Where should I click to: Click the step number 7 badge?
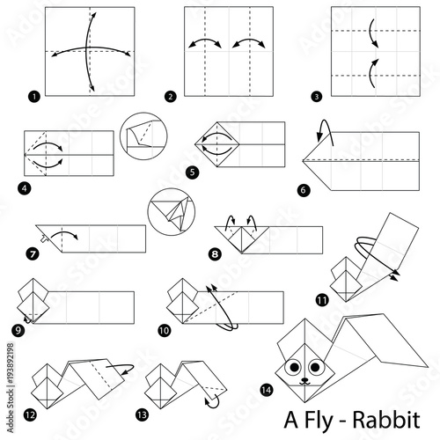coord(33,256)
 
